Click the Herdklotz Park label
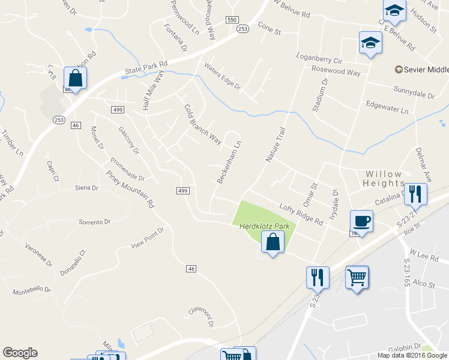[x=265, y=226]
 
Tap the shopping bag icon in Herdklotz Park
[x=273, y=242]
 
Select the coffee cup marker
[x=361, y=221]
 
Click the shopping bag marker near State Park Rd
[x=75, y=79]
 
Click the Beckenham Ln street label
[x=229, y=162]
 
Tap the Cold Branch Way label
[x=202, y=123]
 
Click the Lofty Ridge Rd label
[x=301, y=213]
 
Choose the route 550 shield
[x=232, y=20]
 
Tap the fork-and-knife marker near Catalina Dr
[x=415, y=194]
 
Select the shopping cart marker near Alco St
[x=357, y=278]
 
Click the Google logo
[x=20, y=353]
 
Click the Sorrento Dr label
[x=95, y=221]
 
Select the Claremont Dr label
[x=202, y=314]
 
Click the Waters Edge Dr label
[x=222, y=76]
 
